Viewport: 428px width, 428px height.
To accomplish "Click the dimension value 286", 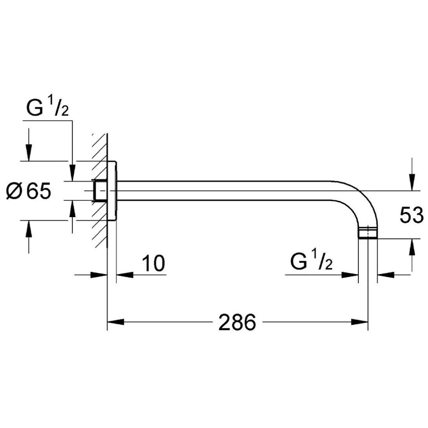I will point(237,322).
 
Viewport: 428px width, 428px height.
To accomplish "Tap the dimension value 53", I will point(411,216).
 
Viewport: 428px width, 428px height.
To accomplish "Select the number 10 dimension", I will point(153,263).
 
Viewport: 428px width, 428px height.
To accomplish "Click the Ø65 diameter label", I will point(29,192).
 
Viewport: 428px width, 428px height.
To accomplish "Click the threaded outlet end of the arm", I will point(368,233).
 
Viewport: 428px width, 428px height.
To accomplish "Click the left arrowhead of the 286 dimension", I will point(115,322).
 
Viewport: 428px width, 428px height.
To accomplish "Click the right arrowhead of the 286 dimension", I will point(359,322).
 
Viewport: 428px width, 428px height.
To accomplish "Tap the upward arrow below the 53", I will point(411,247).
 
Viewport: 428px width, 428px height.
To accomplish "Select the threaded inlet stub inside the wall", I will point(99,191).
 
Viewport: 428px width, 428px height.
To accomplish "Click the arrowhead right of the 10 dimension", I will point(124,275).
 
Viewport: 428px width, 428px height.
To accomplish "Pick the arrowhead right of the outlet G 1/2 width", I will point(385,275).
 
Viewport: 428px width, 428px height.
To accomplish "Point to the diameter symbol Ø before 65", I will point(15,192).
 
